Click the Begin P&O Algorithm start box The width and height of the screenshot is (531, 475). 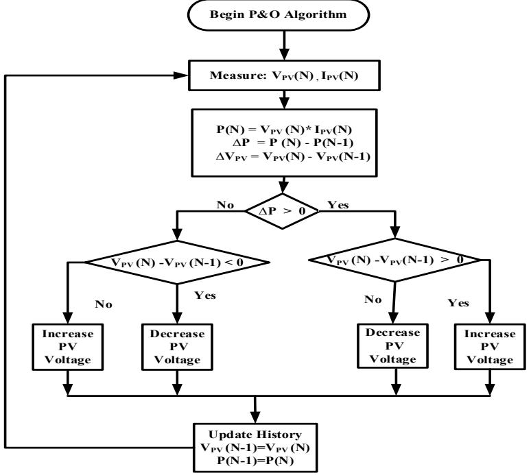(x=279, y=15)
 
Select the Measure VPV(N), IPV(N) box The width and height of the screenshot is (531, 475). (x=284, y=75)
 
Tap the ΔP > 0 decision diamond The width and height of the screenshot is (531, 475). (x=282, y=211)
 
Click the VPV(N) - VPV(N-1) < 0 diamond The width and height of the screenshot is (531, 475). (x=177, y=263)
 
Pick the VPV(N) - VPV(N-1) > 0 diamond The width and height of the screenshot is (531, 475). (x=395, y=260)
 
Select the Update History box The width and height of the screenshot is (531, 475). (x=255, y=448)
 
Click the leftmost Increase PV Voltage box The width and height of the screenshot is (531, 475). (x=68, y=347)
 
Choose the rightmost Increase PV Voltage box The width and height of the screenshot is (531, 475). (x=490, y=347)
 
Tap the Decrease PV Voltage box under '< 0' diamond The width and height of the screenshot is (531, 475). (x=177, y=347)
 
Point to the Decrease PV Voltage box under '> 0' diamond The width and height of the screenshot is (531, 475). (x=393, y=345)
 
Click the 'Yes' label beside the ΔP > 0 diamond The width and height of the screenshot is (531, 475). (x=338, y=205)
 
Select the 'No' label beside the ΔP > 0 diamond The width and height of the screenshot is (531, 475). (x=225, y=205)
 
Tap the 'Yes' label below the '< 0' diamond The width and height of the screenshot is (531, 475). (x=205, y=295)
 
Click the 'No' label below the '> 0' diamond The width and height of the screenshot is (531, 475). (x=373, y=300)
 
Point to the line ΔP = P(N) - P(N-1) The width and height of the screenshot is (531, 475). (x=293, y=143)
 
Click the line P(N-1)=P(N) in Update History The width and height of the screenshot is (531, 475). (x=255, y=461)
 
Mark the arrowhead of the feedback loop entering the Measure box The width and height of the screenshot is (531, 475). (x=181, y=75)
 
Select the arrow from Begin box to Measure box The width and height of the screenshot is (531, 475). (x=285, y=45)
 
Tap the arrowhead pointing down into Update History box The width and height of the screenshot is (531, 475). (x=256, y=417)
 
